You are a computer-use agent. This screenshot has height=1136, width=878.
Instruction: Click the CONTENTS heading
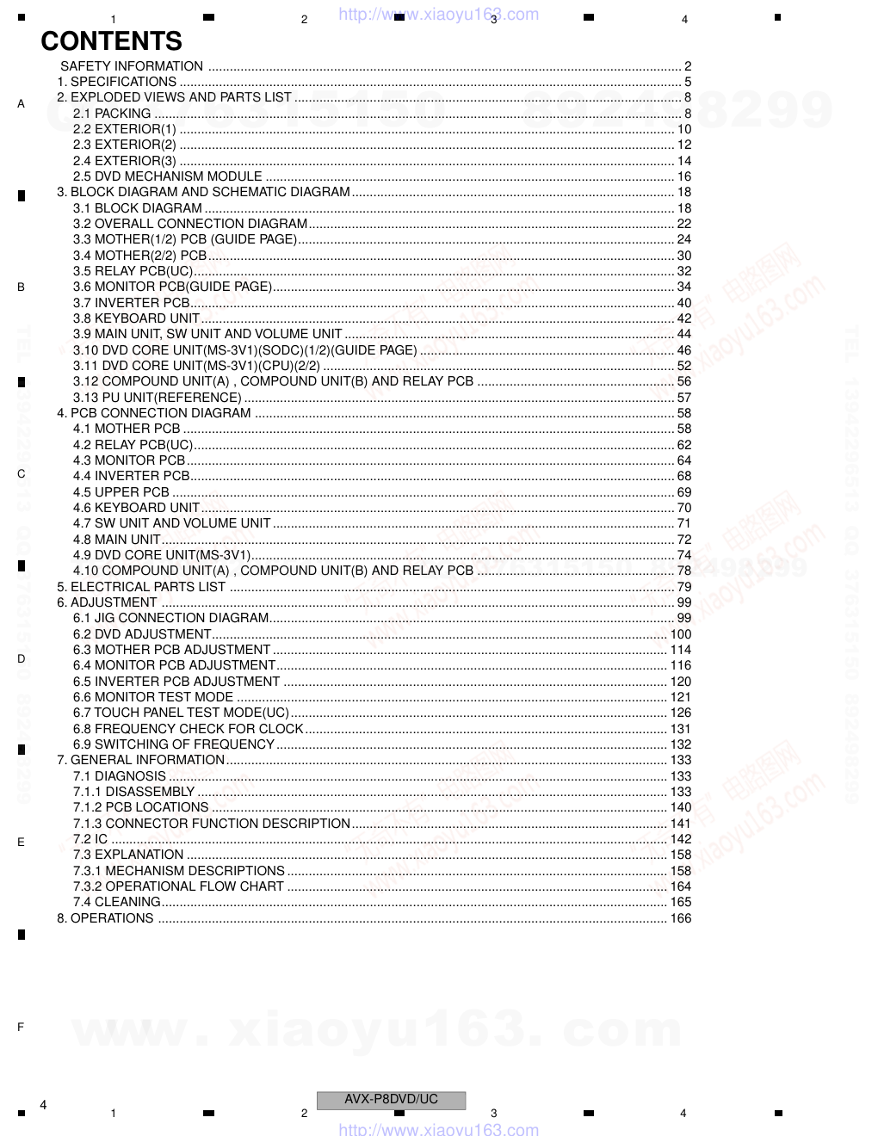(x=111, y=41)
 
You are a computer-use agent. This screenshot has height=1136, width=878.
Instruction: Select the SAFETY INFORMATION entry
(x=132, y=66)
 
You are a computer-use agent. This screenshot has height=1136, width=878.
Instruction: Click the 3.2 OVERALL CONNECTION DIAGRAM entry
(x=189, y=224)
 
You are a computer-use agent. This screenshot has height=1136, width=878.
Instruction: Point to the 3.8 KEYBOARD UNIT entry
(x=136, y=318)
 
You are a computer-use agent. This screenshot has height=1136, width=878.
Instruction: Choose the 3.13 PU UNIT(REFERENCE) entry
(x=157, y=398)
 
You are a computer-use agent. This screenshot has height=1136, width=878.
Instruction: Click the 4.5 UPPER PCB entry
(x=121, y=492)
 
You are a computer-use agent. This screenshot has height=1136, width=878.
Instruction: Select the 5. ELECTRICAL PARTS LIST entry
(x=141, y=587)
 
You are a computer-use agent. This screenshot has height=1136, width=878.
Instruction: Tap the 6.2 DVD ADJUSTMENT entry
(x=142, y=634)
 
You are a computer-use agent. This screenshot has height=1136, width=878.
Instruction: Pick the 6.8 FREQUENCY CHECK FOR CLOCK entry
(x=188, y=729)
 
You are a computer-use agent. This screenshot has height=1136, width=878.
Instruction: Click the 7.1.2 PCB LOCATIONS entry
(x=140, y=807)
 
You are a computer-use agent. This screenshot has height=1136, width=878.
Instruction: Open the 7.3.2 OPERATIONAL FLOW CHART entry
(x=178, y=886)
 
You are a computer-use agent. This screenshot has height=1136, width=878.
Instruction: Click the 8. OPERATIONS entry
(x=105, y=918)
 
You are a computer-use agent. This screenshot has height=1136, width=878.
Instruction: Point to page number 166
(x=681, y=918)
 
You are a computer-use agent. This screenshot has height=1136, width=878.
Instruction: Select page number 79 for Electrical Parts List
(x=684, y=587)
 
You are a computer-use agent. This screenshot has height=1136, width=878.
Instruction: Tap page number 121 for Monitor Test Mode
(x=681, y=697)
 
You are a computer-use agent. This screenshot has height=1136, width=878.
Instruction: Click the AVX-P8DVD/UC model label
(x=391, y=1099)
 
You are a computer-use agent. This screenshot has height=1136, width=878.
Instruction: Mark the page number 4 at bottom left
(x=43, y=1104)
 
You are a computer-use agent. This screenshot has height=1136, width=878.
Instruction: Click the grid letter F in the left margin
(x=21, y=1027)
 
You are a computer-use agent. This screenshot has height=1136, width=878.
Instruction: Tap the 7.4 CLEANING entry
(x=116, y=902)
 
